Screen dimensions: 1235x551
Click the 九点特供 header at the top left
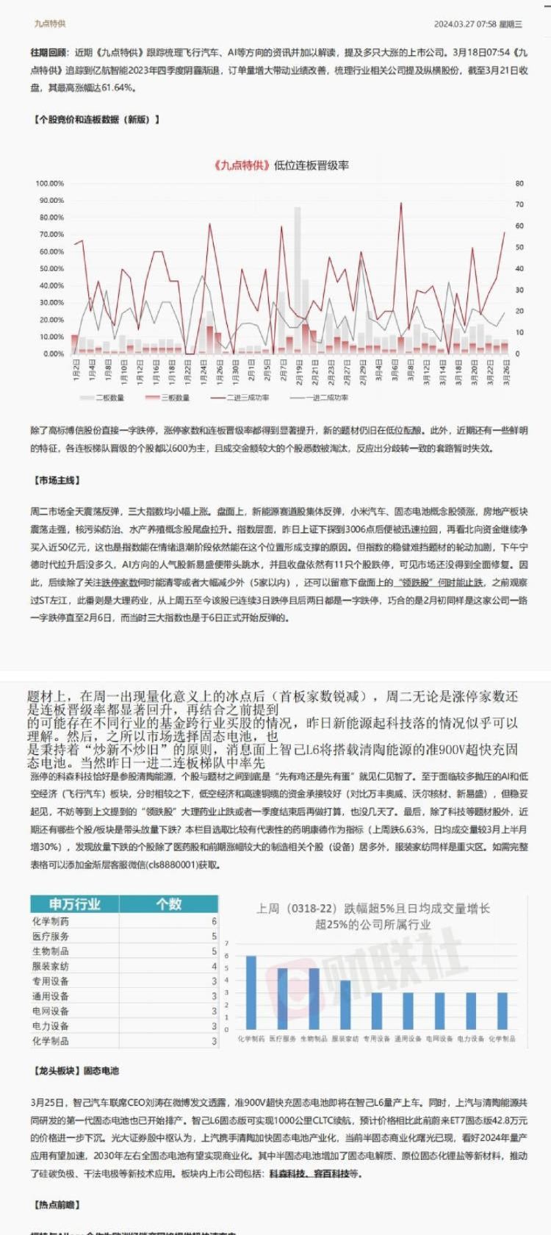pyautogui.click(x=49, y=24)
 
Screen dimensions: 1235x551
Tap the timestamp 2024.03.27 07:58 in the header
pyautogui.click(x=464, y=24)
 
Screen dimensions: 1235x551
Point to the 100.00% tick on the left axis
pyautogui.click(x=50, y=183)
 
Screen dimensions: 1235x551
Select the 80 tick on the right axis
pyautogui.click(x=519, y=183)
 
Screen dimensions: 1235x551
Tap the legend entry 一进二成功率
pyautogui.click(x=319, y=398)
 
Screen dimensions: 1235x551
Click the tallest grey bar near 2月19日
pyautogui.click(x=298, y=279)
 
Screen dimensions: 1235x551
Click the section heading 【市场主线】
pyautogui.click(x=57, y=481)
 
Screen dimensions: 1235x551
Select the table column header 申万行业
pyautogui.click(x=74, y=904)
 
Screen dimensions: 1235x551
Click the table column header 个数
pyautogui.click(x=168, y=904)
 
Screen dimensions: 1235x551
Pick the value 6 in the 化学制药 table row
pyautogui.click(x=214, y=921)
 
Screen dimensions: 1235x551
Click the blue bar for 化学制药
pyautogui.click(x=251, y=992)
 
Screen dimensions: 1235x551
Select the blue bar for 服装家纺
pyautogui.click(x=345, y=1005)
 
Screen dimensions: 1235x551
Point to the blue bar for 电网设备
pyautogui.click(x=439, y=1011)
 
